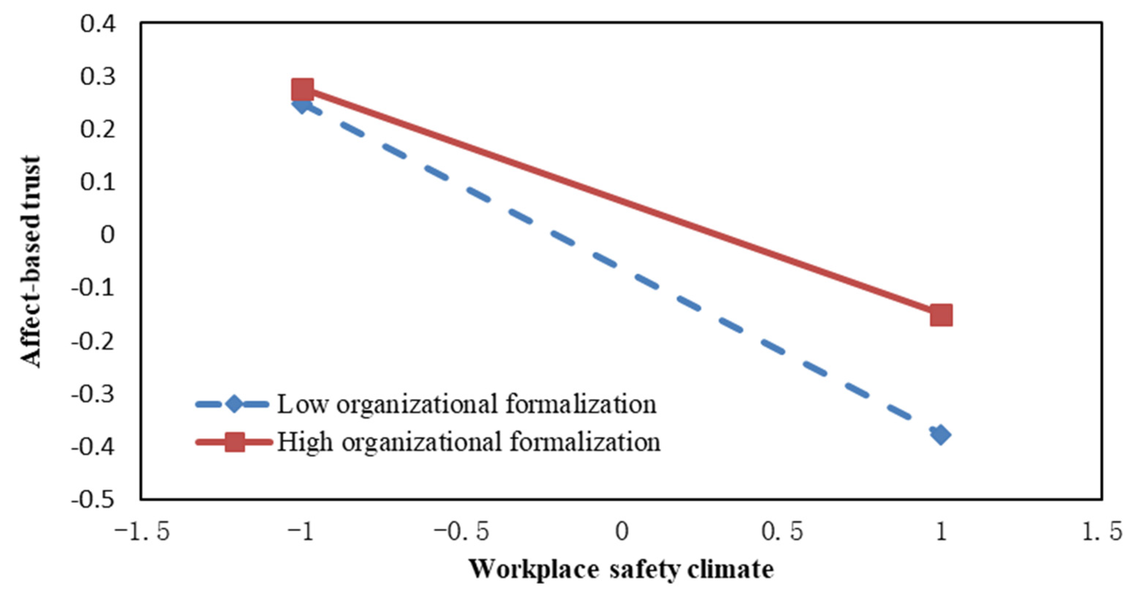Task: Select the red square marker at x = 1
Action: click(941, 315)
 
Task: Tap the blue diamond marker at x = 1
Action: click(941, 435)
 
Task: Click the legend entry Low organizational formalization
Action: click(466, 404)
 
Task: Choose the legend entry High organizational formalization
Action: click(468, 442)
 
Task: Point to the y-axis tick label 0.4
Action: click(98, 24)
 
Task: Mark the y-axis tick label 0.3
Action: click(98, 77)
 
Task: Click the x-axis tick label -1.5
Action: click(142, 532)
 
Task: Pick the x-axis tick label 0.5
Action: click(782, 532)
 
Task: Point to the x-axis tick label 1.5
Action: click(1102, 532)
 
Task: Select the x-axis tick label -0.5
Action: click(462, 532)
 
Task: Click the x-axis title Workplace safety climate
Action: click(621, 570)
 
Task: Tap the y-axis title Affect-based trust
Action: click(31, 262)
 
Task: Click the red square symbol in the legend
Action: click(234, 442)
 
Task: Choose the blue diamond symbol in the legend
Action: click(234, 404)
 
